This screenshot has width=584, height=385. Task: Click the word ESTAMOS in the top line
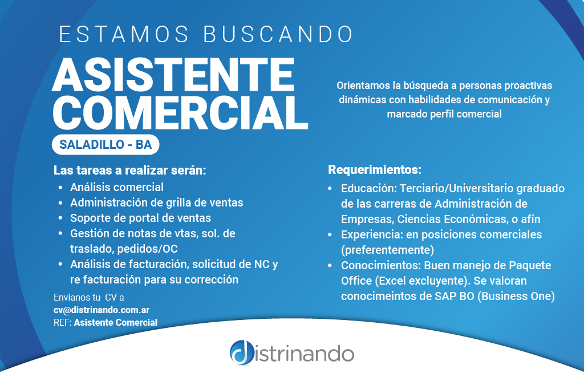point(124,34)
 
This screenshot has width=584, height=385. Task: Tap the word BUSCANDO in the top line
point(278,34)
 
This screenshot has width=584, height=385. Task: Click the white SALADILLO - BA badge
point(106,144)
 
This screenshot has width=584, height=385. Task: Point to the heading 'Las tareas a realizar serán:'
point(129,170)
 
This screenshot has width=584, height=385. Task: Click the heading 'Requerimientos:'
point(375,170)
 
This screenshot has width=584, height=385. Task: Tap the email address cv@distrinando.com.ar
point(102,310)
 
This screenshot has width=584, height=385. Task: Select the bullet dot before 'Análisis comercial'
point(60,188)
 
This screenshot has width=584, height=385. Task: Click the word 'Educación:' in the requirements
point(369,188)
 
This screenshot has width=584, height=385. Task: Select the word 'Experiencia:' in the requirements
point(372,234)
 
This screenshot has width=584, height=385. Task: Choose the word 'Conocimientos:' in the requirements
point(381,265)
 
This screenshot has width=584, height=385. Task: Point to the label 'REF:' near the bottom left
point(63,322)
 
